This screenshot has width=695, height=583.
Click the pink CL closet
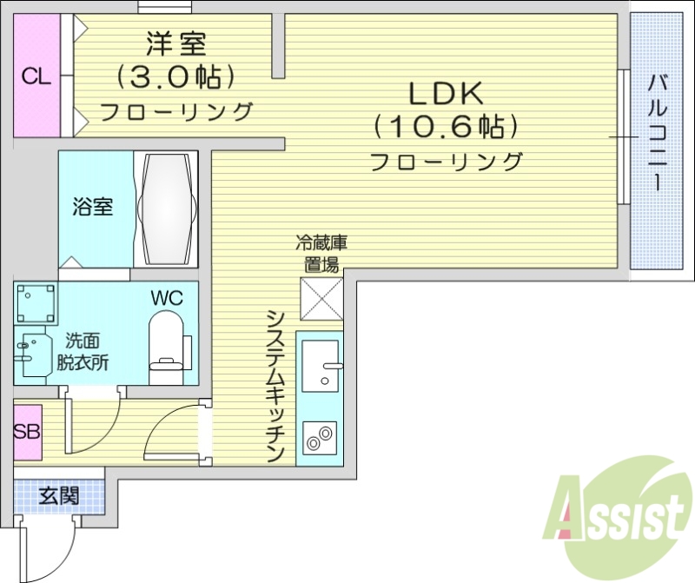pos(36,76)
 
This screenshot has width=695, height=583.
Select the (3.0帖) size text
pos(176,77)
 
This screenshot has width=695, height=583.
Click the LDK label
pos(446,92)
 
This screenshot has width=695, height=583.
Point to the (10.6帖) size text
pos(446,127)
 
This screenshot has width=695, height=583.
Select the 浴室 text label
pos(91,208)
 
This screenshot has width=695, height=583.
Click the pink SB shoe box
pos(27,432)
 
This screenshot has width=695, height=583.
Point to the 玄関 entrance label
pos(59,496)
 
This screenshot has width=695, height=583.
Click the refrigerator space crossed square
pos(322,300)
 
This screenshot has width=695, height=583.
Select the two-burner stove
pos(321,434)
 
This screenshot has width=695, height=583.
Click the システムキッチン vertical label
pos(276,386)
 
